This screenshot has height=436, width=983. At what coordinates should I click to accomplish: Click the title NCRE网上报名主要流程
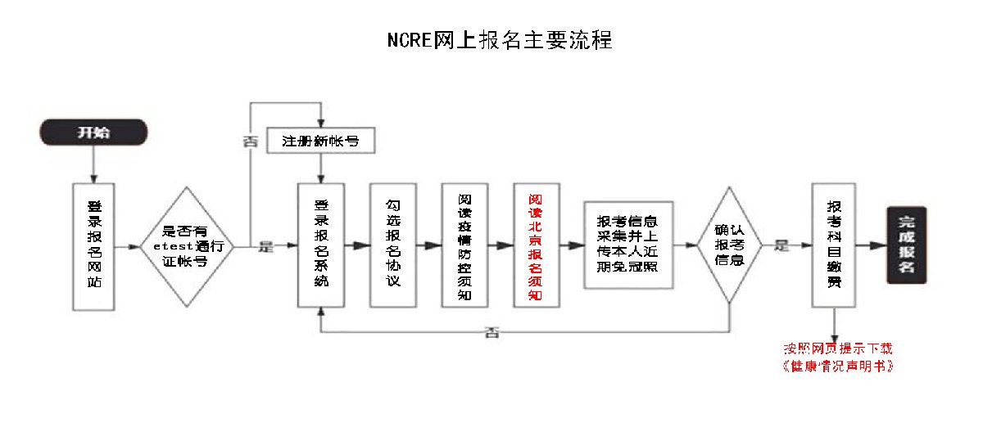coord(500,40)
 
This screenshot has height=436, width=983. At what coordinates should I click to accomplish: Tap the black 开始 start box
coord(94,133)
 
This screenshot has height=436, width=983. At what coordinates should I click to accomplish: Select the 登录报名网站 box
coord(94,246)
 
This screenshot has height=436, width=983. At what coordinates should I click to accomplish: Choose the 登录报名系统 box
coord(320,245)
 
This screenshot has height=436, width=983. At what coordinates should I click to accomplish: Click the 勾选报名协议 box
coord(392,245)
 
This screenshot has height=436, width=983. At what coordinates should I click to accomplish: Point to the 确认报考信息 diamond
coord(728,245)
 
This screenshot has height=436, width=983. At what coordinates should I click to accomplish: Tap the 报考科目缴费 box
coord(834,245)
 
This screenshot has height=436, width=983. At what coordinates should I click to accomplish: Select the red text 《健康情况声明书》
coord(837,366)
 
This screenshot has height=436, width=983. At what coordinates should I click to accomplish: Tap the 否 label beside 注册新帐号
coord(250,140)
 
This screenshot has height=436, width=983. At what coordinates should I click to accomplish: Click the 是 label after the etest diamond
coord(265,245)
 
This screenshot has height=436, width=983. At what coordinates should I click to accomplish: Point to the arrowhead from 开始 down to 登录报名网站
coord(94,178)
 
